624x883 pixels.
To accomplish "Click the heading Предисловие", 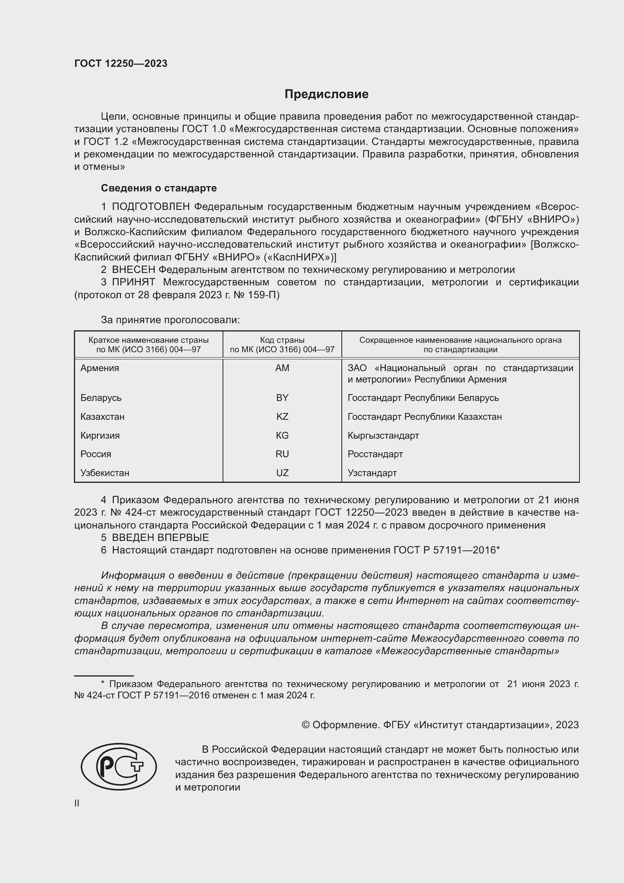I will tap(326, 94).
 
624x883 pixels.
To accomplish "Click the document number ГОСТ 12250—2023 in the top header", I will tap(121, 63).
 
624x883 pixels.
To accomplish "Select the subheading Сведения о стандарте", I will tap(159, 188).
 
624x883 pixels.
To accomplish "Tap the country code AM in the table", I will tap(282, 368).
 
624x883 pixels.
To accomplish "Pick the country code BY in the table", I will tap(282, 398).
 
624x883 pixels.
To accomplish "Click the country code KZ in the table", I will tap(282, 416).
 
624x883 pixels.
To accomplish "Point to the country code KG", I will tap(282, 435).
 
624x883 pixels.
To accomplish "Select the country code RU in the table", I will tap(282, 454).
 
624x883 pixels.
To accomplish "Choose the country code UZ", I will tap(282, 473).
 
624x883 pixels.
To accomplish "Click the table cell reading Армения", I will tap(100, 368).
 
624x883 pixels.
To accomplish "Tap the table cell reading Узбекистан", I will tap(105, 473).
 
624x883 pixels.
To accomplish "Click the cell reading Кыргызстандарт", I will tap(383, 435).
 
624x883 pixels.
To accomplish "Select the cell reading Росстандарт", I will tap(375, 454).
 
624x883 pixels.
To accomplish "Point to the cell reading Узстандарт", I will tap(372, 473).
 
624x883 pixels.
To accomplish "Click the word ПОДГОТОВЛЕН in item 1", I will tap(151, 207).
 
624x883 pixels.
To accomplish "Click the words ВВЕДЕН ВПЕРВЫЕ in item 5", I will tap(160, 537).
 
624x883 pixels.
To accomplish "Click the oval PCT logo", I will tap(119, 766).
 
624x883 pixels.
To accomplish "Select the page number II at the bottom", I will tap(77, 803).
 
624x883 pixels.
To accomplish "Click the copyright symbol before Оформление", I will tap(306, 725).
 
